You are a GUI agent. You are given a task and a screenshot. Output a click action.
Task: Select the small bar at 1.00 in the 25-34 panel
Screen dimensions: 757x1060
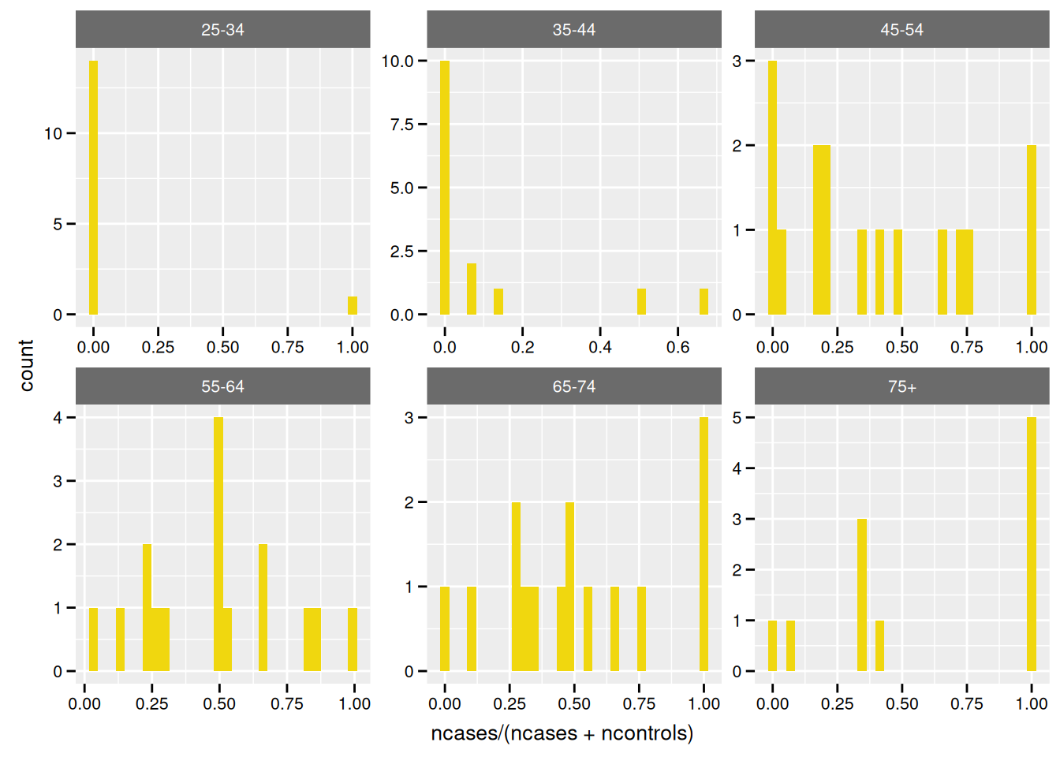[x=353, y=306]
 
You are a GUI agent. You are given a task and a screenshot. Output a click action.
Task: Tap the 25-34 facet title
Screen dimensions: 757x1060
[x=222, y=30]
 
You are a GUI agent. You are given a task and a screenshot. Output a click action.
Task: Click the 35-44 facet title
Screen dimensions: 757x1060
[x=573, y=30]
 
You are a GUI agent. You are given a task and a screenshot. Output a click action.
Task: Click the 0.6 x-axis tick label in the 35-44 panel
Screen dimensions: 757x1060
[x=677, y=347]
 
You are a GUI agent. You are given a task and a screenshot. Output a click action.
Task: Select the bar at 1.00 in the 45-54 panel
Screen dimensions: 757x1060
[x=1032, y=229]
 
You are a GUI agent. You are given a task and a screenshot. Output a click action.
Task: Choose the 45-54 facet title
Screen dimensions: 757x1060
[x=901, y=30]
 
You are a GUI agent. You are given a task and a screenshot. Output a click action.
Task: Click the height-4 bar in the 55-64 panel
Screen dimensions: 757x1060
[x=218, y=544]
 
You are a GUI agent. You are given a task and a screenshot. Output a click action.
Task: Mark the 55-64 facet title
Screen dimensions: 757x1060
[x=222, y=386]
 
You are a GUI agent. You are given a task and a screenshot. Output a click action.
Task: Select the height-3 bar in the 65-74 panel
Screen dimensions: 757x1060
[x=704, y=544]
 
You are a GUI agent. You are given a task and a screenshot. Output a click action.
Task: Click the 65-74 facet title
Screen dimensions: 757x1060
[x=573, y=386]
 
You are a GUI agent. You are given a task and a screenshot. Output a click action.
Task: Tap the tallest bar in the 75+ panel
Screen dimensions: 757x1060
[x=1032, y=544]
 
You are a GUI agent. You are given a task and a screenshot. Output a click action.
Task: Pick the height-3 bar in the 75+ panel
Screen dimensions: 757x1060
[x=862, y=595]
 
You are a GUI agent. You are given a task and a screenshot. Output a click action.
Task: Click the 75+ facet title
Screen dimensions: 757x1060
[x=901, y=386]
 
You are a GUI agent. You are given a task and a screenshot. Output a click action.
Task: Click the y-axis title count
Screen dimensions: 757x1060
[x=26, y=365]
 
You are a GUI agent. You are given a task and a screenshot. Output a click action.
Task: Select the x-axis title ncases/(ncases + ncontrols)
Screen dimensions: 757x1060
[x=562, y=733]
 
